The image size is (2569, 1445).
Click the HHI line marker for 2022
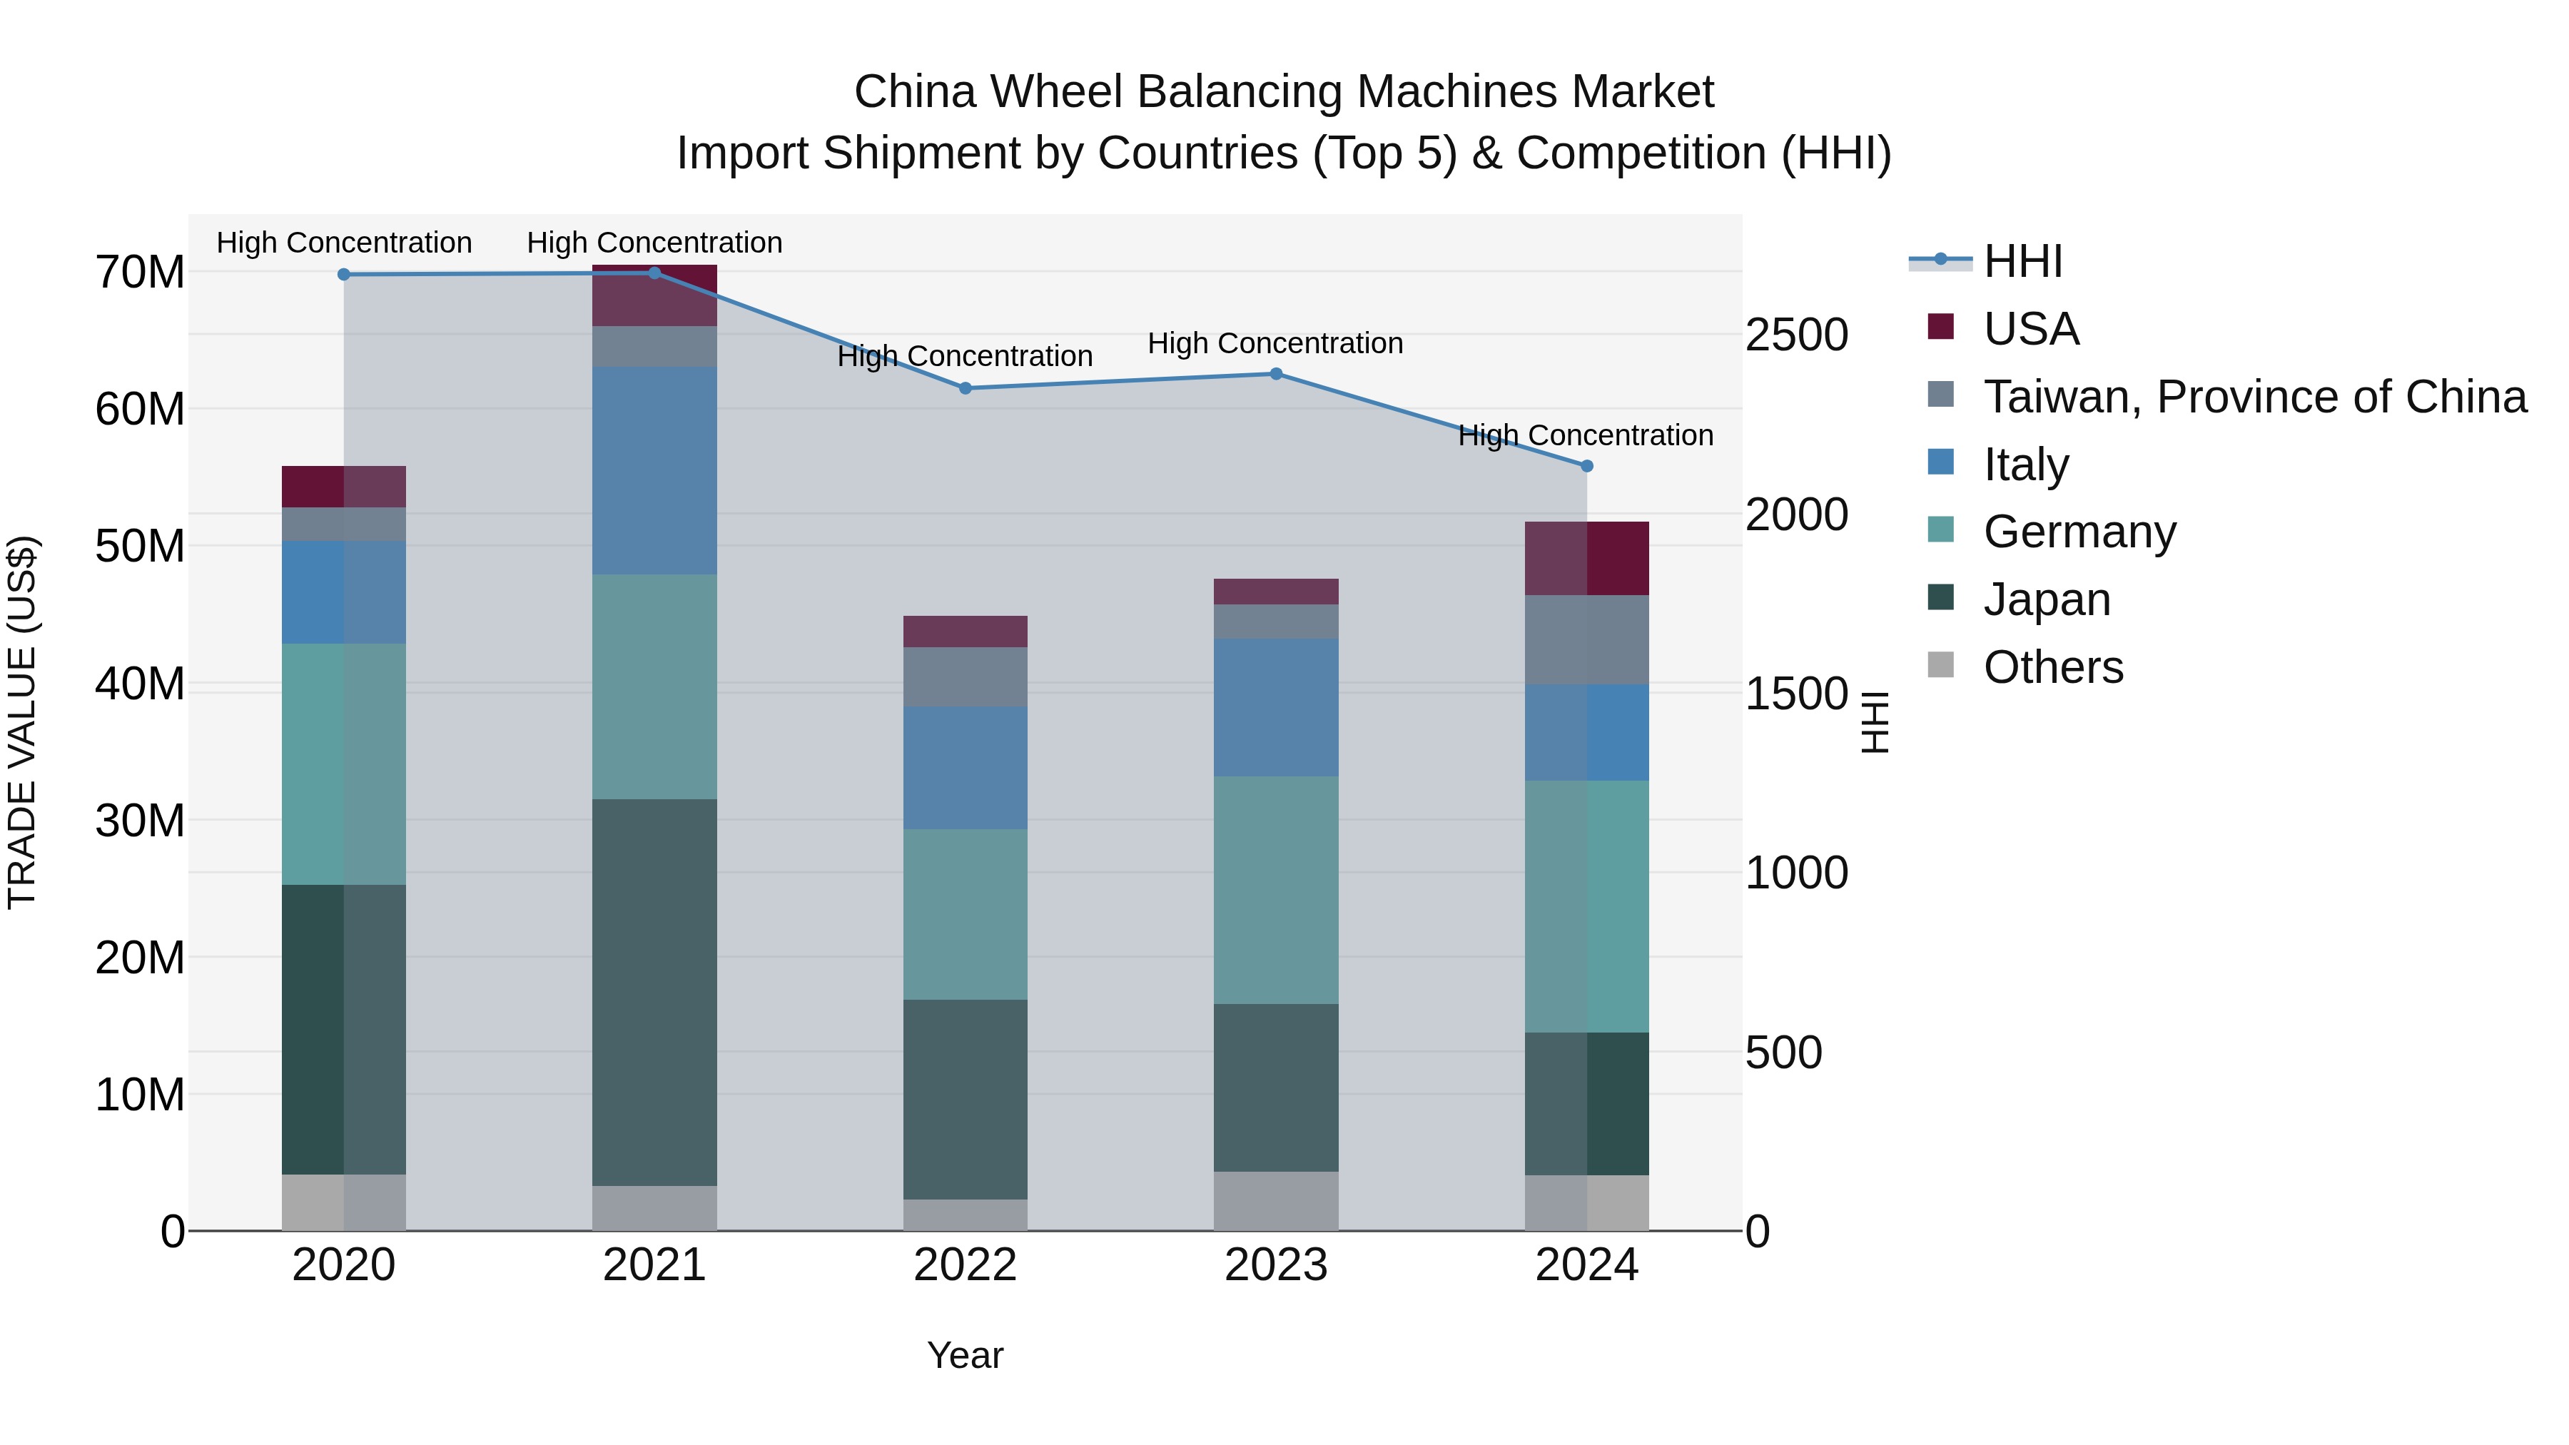click(966, 388)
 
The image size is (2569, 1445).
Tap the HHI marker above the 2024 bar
click(1586, 466)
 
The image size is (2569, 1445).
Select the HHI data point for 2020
click(344, 274)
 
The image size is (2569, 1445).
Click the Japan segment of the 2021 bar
click(654, 993)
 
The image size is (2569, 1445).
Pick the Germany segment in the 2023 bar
click(1275, 890)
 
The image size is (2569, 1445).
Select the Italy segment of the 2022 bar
click(966, 768)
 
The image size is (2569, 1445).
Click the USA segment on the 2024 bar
click(1586, 559)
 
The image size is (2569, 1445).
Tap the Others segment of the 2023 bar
click(1275, 1201)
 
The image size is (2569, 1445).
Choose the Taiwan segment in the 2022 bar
click(966, 677)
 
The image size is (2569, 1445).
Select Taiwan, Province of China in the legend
click(2254, 397)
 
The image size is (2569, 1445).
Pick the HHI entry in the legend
click(2022, 261)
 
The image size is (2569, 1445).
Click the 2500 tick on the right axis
click(1796, 335)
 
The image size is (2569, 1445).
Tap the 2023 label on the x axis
click(1275, 1265)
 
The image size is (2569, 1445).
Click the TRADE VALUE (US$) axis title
click(22, 722)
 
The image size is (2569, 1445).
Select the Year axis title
click(966, 1355)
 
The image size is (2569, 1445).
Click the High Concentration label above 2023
click(1275, 343)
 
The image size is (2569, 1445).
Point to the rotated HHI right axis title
click(1875, 722)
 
